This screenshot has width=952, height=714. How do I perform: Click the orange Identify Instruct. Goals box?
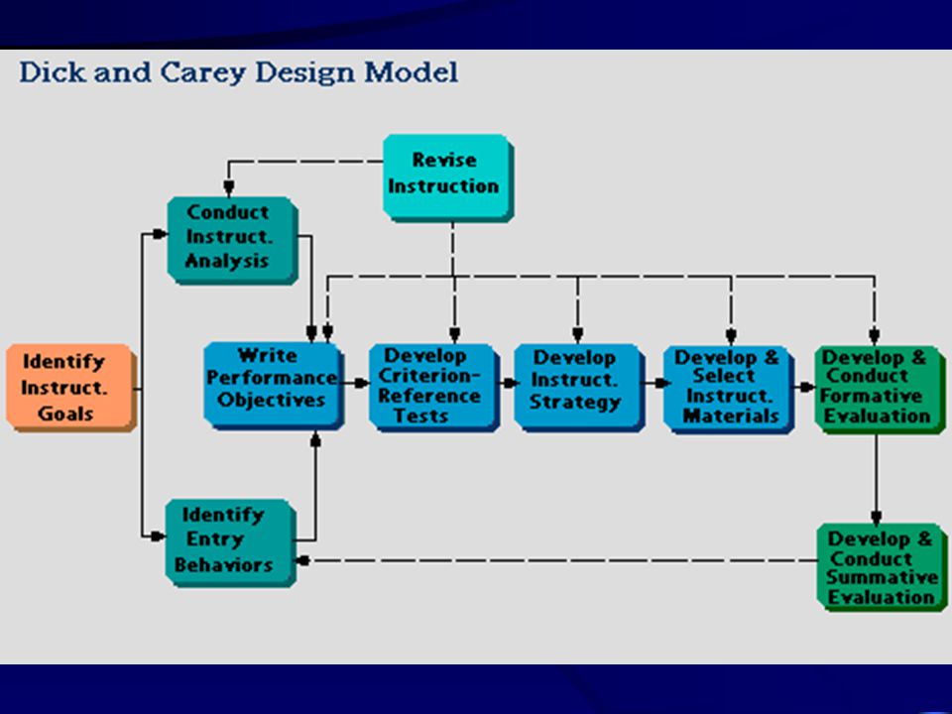pyautogui.click(x=71, y=388)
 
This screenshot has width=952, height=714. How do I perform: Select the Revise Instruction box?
pyautogui.click(x=448, y=178)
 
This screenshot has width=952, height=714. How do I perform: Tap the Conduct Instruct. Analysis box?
pyautogui.click(x=232, y=240)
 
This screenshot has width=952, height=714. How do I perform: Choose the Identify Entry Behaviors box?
pyautogui.click(x=231, y=542)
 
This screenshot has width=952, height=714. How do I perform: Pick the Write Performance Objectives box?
pyautogui.click(x=274, y=386)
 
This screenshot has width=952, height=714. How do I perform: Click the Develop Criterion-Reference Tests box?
pyautogui.click(x=434, y=388)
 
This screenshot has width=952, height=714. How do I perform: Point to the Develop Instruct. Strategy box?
pyautogui.click(x=579, y=388)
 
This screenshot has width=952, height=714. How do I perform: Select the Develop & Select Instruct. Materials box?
pyautogui.click(x=729, y=389)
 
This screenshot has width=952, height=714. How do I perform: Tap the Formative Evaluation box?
pyautogui.click(x=880, y=389)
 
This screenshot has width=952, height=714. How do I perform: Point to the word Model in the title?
pyautogui.click(x=411, y=71)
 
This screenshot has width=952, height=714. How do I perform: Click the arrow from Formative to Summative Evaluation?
pyautogui.click(x=876, y=479)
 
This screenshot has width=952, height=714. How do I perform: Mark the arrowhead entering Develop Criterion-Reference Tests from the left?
pyautogui.click(x=362, y=383)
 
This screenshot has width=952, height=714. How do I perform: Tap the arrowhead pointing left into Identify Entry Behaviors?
pyautogui.click(x=303, y=560)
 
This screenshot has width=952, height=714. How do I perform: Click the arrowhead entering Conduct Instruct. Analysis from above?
pyautogui.click(x=229, y=187)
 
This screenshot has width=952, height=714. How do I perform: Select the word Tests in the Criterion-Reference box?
pyautogui.click(x=420, y=416)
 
